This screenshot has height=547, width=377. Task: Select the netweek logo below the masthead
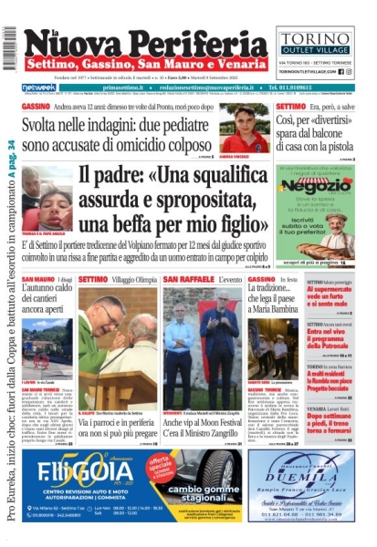(x=37, y=88)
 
